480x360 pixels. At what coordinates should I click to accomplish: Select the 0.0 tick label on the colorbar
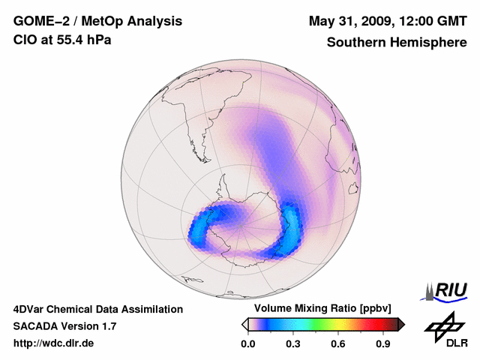(x=247, y=344)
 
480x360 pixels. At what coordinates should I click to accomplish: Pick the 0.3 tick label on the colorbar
(x=293, y=344)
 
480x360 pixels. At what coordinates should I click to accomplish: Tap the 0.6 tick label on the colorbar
(x=339, y=344)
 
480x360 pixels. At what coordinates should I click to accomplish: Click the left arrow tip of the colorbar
(x=244, y=324)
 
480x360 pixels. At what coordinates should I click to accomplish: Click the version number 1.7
(x=107, y=327)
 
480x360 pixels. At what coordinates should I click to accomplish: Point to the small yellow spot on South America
(x=212, y=117)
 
